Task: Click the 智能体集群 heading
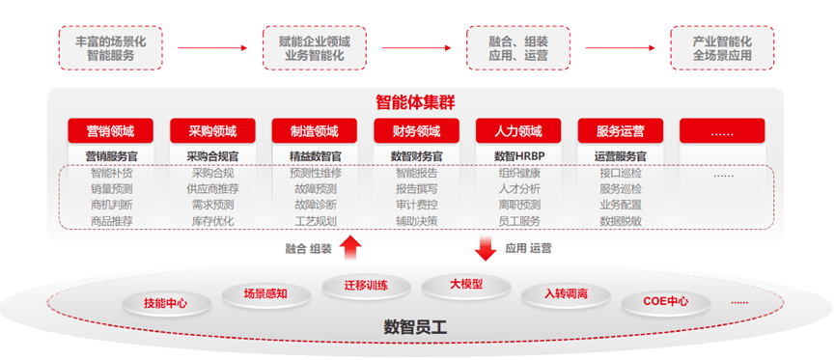point(416,101)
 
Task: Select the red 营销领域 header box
point(110,131)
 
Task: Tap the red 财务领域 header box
point(416,131)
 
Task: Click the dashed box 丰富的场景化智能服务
point(110,48)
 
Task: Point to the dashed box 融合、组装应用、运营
point(519,48)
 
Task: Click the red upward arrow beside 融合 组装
point(350,249)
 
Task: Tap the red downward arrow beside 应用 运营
point(485,249)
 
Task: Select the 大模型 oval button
point(465,285)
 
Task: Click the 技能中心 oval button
point(165,303)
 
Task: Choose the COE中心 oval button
point(666,301)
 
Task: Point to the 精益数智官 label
point(314,155)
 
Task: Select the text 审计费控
point(416,205)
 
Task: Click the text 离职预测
point(519,205)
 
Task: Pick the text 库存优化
point(212,221)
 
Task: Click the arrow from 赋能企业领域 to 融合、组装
point(415,46)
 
